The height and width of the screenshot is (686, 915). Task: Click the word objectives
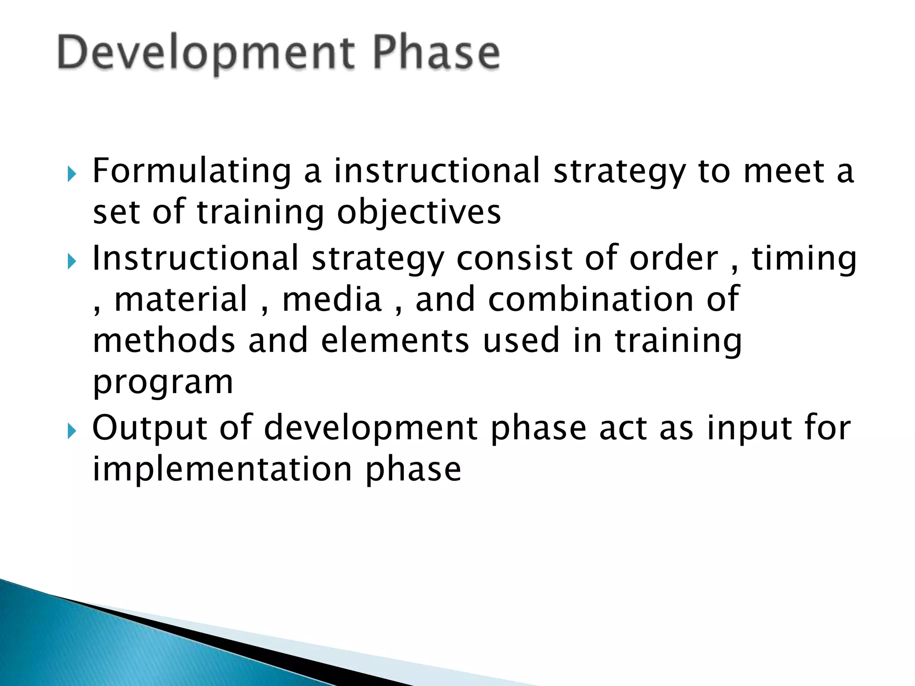tap(419, 213)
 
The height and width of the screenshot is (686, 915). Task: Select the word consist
tap(514, 258)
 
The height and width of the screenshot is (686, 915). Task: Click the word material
tap(181, 299)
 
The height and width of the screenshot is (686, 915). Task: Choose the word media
tap(332, 299)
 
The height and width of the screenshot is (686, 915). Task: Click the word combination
tap(591, 299)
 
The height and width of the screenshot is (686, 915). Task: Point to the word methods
tap(164, 340)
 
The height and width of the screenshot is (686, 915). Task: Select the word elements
tap(395, 340)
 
